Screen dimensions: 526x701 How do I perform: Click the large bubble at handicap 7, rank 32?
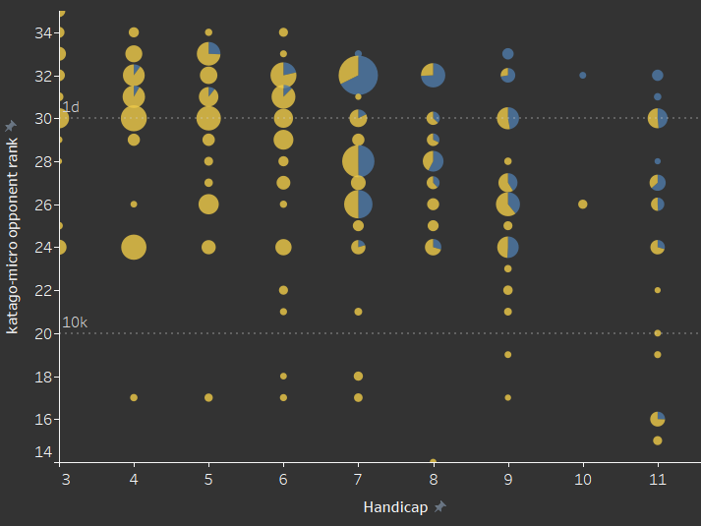(x=358, y=75)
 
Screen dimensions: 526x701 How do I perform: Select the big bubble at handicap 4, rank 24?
(x=134, y=247)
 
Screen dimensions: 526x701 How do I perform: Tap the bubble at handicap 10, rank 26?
(x=583, y=205)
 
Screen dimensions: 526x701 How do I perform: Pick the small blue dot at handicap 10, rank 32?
(x=583, y=75)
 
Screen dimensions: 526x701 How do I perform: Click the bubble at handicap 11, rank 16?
(x=658, y=419)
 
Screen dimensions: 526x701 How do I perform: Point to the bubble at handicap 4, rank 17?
(x=134, y=398)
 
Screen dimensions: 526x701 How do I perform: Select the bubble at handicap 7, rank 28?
(x=358, y=161)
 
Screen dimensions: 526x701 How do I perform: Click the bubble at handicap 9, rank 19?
(x=508, y=355)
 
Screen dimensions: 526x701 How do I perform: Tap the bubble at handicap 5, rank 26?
(x=208, y=205)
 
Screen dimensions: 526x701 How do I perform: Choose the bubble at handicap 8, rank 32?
(x=433, y=75)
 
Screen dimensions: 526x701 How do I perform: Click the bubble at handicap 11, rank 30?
(x=658, y=118)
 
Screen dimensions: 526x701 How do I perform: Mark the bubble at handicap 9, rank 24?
(x=508, y=247)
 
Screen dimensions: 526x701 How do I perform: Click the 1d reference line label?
(x=70, y=106)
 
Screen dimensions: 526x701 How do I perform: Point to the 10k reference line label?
(x=75, y=322)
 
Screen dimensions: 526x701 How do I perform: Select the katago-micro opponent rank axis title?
(x=12, y=235)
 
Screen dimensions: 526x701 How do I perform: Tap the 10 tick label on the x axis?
(x=583, y=480)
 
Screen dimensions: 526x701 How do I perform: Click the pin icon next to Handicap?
(x=440, y=507)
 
